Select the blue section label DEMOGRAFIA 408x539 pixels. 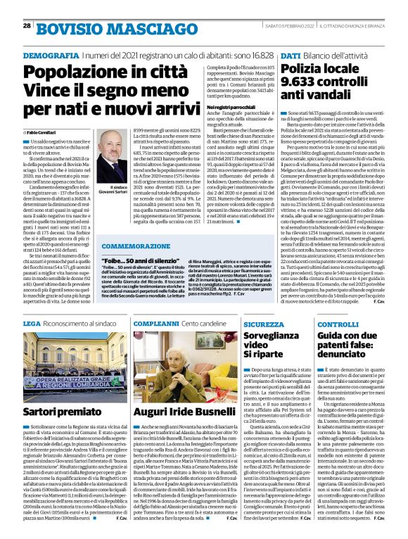(50, 55)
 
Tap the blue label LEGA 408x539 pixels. (32, 303)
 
